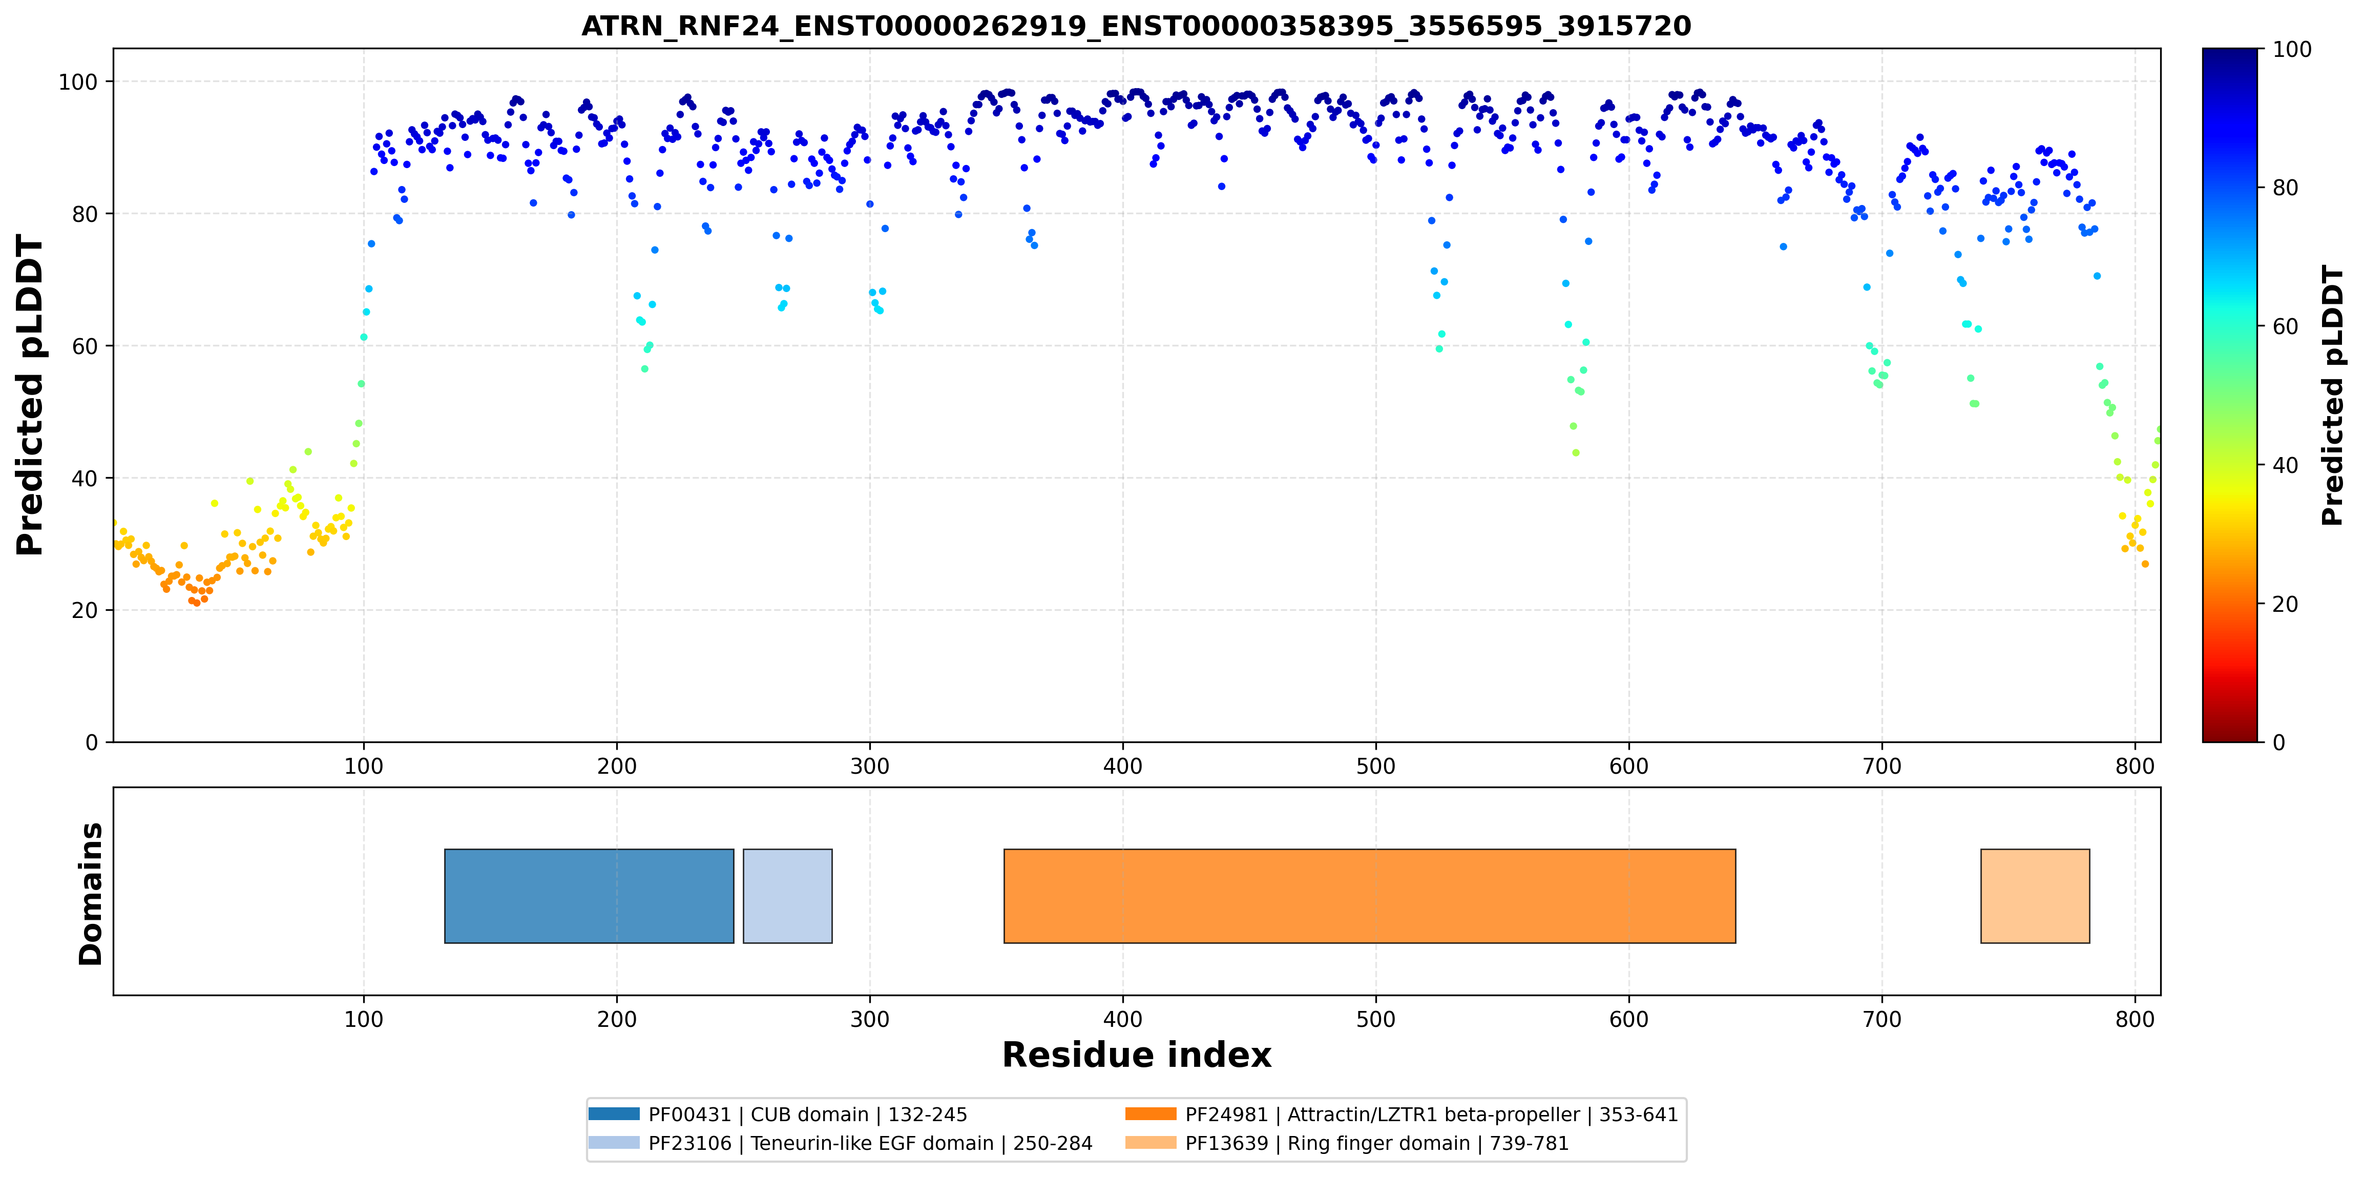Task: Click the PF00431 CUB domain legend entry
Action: pyautogui.click(x=778, y=1114)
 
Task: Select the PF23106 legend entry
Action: pyautogui.click(x=840, y=1143)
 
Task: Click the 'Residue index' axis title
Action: pyautogui.click(x=1137, y=1055)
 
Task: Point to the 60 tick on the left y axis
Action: pyautogui.click(x=85, y=346)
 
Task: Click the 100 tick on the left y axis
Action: pyautogui.click(x=78, y=81)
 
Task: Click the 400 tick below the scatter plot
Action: pyautogui.click(x=1123, y=766)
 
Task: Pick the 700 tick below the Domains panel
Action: pyautogui.click(x=1883, y=1019)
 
